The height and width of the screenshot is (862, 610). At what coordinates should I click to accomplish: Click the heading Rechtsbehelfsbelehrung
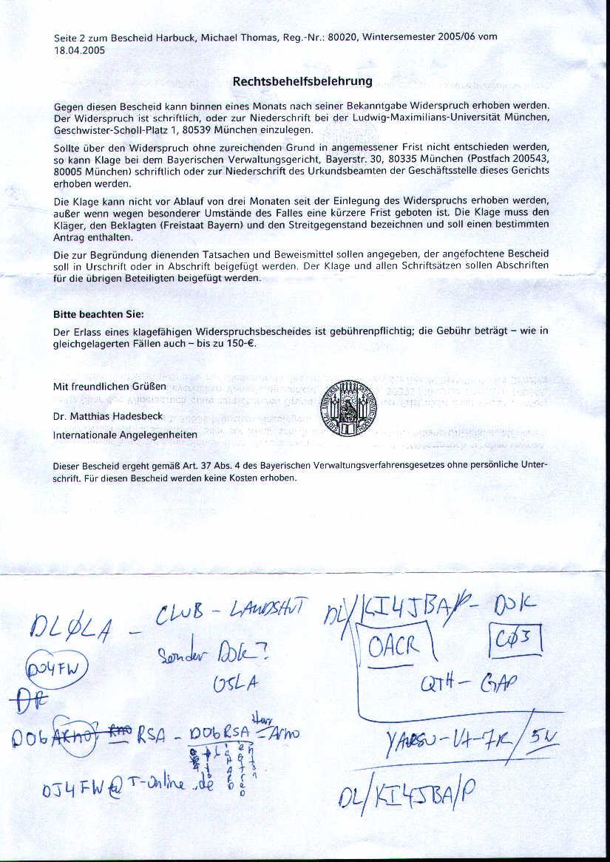302,81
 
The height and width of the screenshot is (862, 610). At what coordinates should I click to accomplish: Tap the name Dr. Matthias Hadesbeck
108,417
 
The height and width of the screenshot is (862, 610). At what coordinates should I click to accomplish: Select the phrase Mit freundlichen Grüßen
109,387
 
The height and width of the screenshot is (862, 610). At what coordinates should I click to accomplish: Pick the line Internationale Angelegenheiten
125,435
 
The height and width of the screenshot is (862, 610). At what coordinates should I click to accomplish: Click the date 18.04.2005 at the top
80,50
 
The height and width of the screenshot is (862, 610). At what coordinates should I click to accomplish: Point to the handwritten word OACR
395,648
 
